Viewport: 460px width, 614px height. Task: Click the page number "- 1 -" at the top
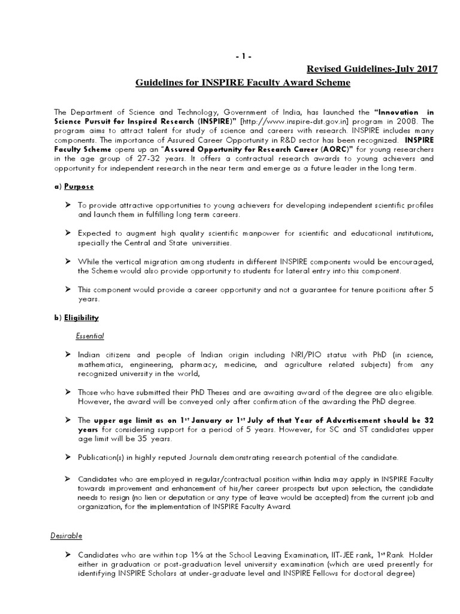pos(244,56)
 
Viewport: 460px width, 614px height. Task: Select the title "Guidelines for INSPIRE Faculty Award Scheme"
pos(243,83)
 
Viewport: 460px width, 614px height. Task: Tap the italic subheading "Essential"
pos(90,336)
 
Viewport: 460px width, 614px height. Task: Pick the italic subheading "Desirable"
pos(66,535)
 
